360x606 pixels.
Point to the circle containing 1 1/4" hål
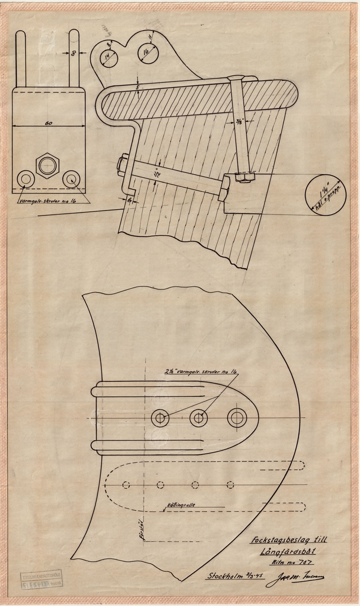pos(326,195)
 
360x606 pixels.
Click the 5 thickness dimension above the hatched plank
pos(138,86)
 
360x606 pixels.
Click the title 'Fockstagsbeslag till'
pos(285,539)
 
